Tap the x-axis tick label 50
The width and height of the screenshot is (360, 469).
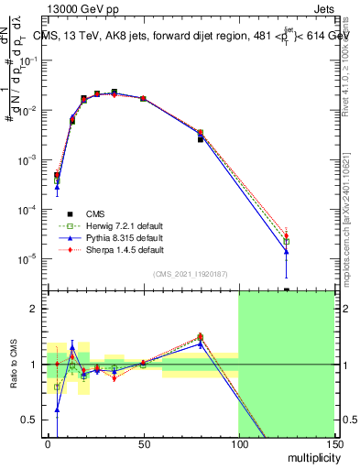tap(143, 443)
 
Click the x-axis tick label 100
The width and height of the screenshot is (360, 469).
tap(238, 443)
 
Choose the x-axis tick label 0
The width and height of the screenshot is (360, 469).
tap(48, 443)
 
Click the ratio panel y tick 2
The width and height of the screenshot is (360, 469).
tap(34, 309)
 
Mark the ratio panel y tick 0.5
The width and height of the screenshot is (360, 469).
tap(30, 420)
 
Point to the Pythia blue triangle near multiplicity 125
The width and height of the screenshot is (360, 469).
tap(286, 251)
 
